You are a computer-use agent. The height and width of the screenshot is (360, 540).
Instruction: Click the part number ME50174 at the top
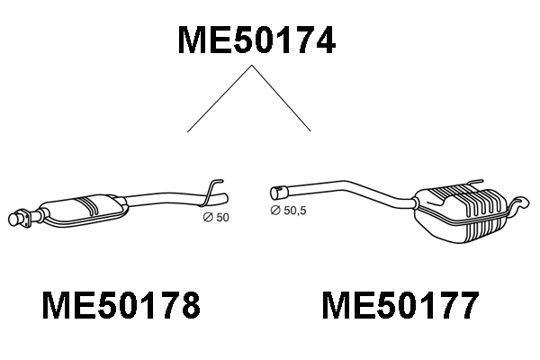[x=256, y=40]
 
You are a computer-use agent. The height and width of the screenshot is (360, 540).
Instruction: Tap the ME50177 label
[x=400, y=308]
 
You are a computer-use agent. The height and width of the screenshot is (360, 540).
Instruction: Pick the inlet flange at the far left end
[x=18, y=217]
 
